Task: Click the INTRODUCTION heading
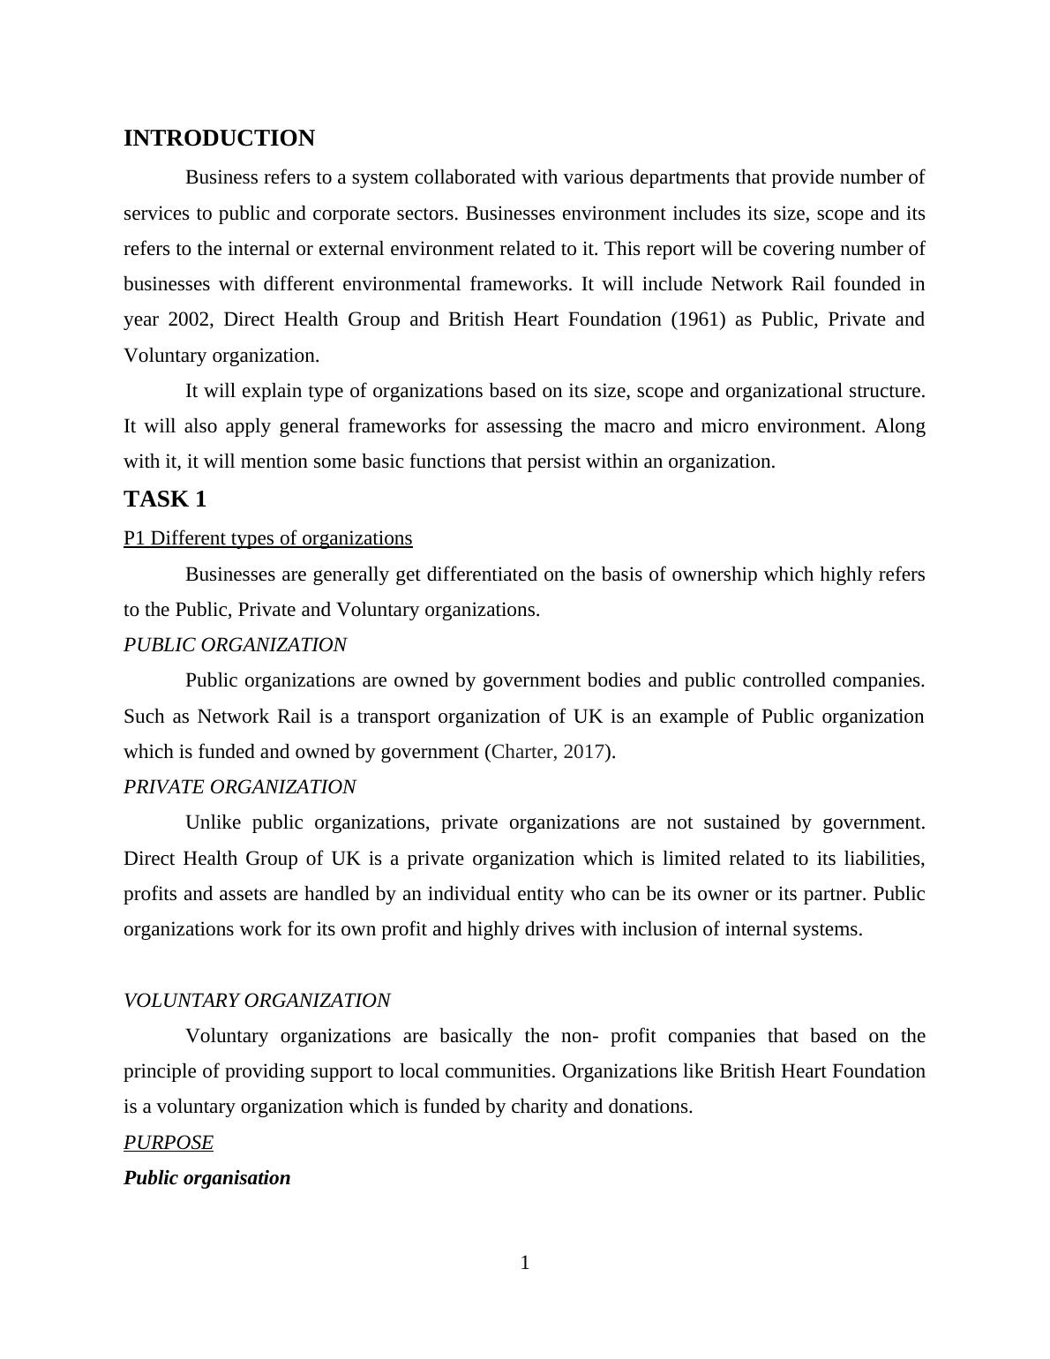pyautogui.click(x=219, y=139)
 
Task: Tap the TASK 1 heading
pyautogui.click(x=165, y=499)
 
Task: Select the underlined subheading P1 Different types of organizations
pyautogui.click(x=267, y=538)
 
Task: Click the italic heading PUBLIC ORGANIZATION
pyautogui.click(x=235, y=645)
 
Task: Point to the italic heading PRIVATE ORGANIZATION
pyautogui.click(x=239, y=787)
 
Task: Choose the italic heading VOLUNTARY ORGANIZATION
pyautogui.click(x=257, y=1001)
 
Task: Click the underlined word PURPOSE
pyautogui.click(x=169, y=1143)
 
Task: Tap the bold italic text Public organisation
pyautogui.click(x=206, y=1178)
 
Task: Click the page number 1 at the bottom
pyautogui.click(x=525, y=1264)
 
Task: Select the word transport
pyautogui.click(x=394, y=717)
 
